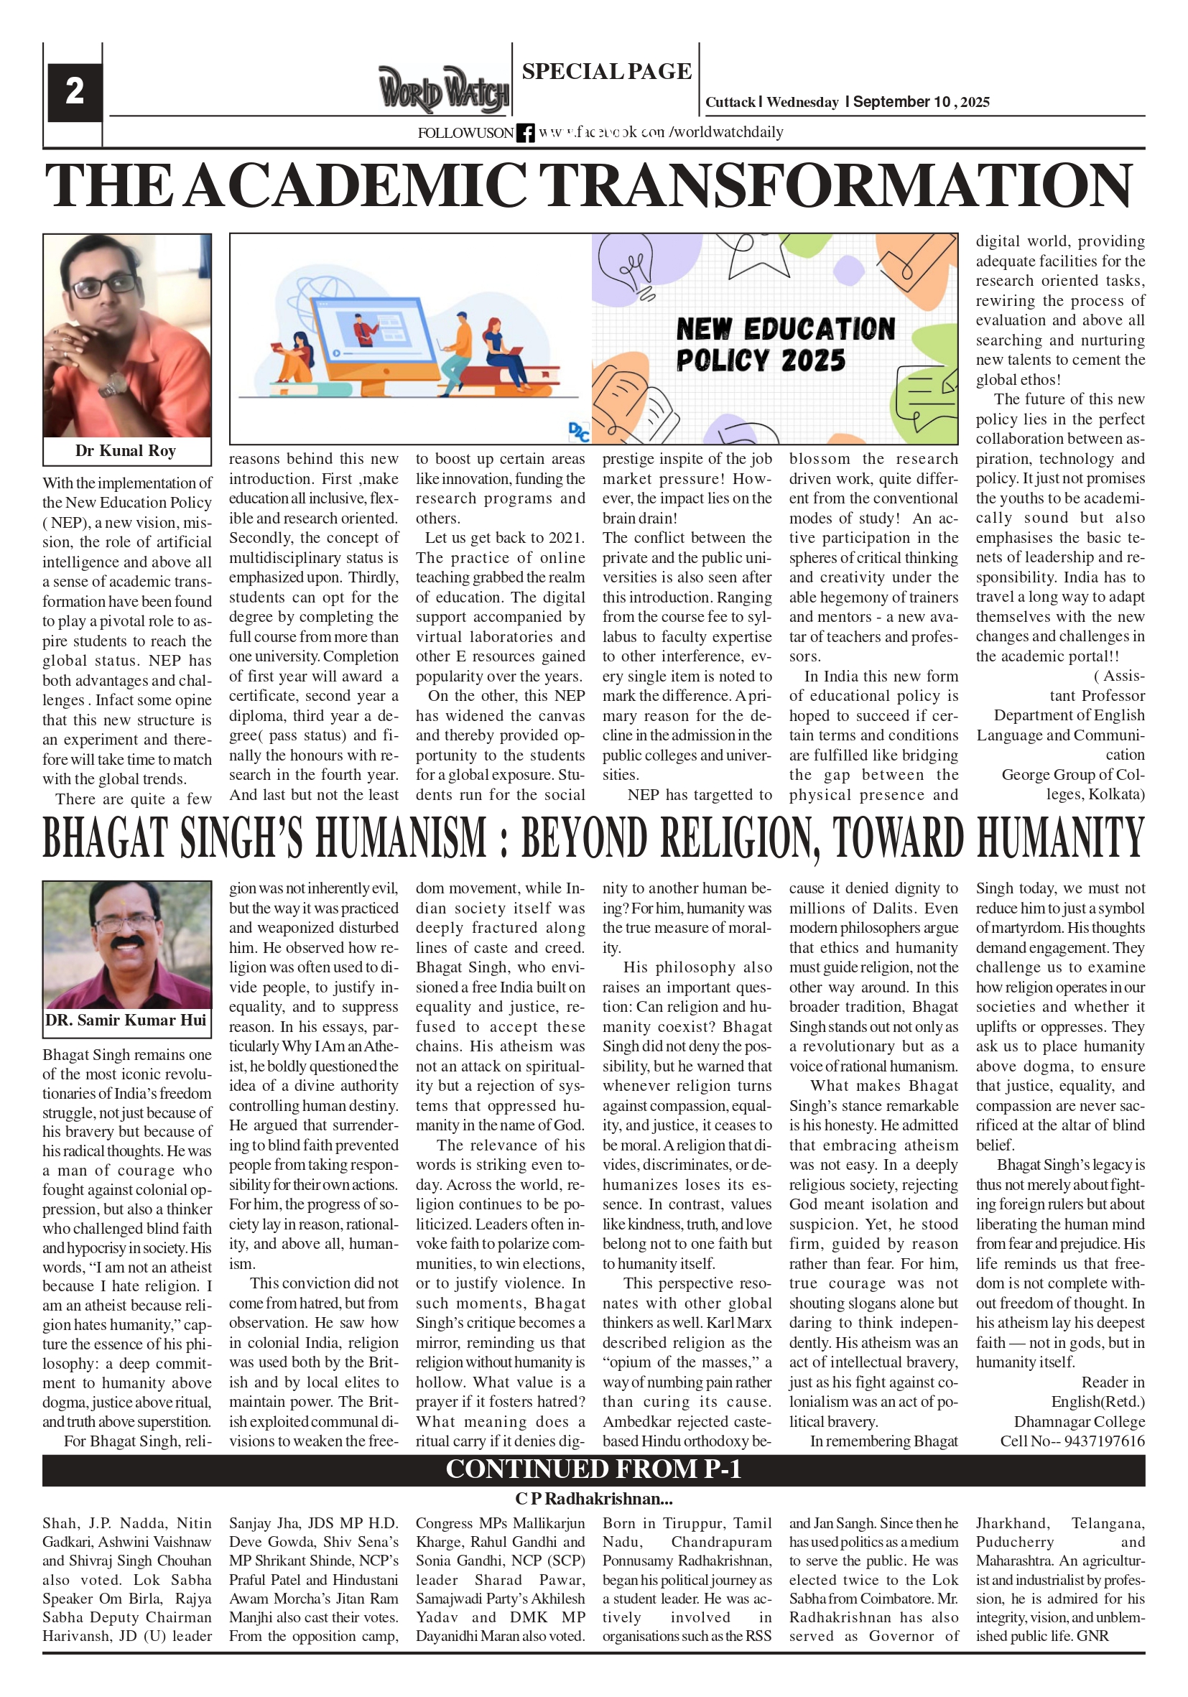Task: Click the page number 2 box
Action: pyautogui.click(x=74, y=92)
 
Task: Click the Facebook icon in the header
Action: pyautogui.click(x=525, y=133)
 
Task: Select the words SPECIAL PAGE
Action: pyautogui.click(x=606, y=72)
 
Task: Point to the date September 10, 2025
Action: pyautogui.click(x=920, y=102)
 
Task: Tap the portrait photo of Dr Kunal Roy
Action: pyautogui.click(x=127, y=335)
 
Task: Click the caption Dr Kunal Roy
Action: pyautogui.click(x=126, y=451)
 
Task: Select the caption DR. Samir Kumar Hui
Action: pyautogui.click(x=126, y=1020)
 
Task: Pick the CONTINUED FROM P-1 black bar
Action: pyautogui.click(x=593, y=1469)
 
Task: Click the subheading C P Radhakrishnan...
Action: pyautogui.click(x=593, y=1499)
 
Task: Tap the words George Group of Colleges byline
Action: pyautogui.click(x=1072, y=784)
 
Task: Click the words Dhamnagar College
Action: pyautogui.click(x=1079, y=1421)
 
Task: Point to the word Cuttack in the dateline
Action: pyautogui.click(x=730, y=103)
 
